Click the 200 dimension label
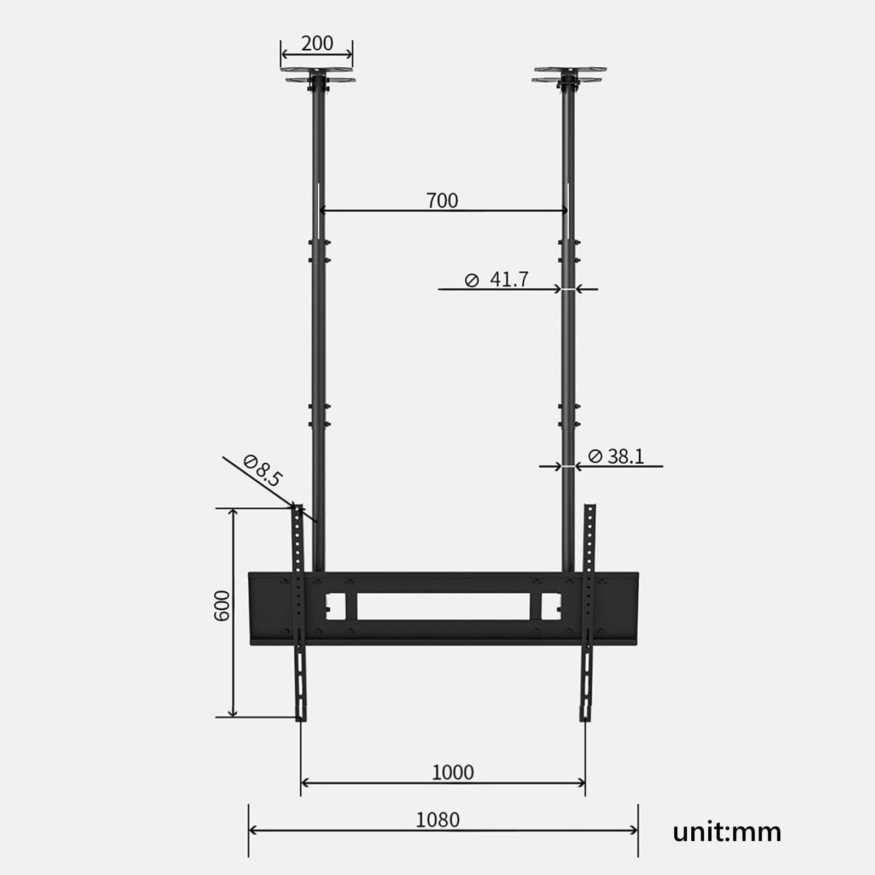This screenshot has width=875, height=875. coord(317,43)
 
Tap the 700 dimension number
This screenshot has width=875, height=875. coord(442,201)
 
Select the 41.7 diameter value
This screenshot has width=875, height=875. coord(509,279)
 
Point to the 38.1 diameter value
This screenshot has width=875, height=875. coord(626,456)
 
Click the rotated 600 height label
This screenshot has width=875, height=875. coord(222,605)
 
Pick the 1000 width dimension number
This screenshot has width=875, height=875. coord(453,772)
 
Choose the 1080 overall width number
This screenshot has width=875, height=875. coord(437,820)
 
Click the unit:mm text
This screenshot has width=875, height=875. coord(727,832)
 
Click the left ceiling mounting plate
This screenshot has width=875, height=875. coord(318,75)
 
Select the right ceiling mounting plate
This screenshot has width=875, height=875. coord(569,75)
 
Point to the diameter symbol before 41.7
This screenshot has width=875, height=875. coord(471,281)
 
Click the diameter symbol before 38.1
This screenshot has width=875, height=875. coord(595,456)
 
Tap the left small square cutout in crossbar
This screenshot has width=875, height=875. coord(335,606)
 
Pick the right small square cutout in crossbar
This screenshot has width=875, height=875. coord(549,606)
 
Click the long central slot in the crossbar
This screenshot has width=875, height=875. coord(443,606)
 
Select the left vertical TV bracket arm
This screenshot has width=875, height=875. coord(299,612)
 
